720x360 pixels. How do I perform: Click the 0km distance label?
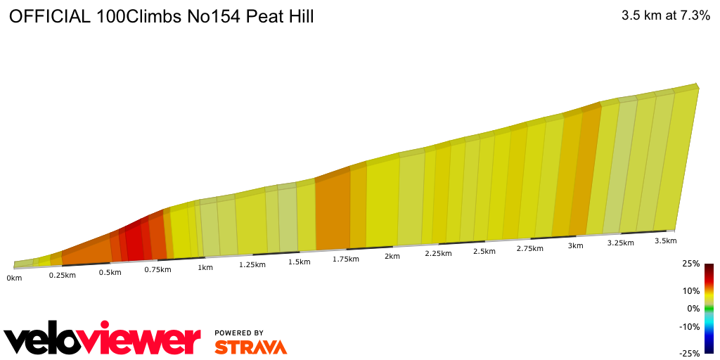14,278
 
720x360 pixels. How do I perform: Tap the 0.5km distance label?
110,272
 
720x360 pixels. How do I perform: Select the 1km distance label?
205,267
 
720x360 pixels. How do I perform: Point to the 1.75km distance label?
347,259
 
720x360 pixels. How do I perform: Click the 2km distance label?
392,256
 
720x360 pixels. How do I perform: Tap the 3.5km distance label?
665,240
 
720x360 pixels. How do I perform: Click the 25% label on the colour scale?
690,264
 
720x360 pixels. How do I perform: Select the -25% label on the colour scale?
689,354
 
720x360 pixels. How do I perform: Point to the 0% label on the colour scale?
693,309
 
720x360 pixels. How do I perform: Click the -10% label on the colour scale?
689,326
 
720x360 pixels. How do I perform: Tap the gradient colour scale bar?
709,308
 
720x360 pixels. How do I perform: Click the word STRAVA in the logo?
250,347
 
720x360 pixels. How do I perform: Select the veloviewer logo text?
103,340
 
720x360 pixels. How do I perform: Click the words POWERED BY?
239,333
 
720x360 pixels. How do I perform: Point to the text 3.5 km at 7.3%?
665,16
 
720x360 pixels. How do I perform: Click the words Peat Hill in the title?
280,18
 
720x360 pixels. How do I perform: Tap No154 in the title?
214,18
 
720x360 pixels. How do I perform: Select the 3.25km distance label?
621,243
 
